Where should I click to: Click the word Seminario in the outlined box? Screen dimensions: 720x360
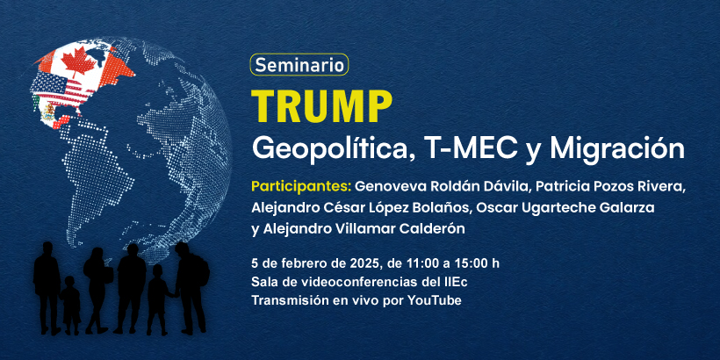(x=299, y=65)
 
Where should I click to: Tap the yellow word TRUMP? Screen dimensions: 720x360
(x=321, y=106)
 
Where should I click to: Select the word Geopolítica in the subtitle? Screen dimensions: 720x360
(x=334, y=149)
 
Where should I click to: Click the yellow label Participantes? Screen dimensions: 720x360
(x=302, y=187)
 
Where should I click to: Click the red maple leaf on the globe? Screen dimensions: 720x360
(x=78, y=61)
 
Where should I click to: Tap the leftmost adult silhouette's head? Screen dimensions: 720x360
(x=47, y=248)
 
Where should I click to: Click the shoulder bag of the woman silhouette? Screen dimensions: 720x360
(x=107, y=274)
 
